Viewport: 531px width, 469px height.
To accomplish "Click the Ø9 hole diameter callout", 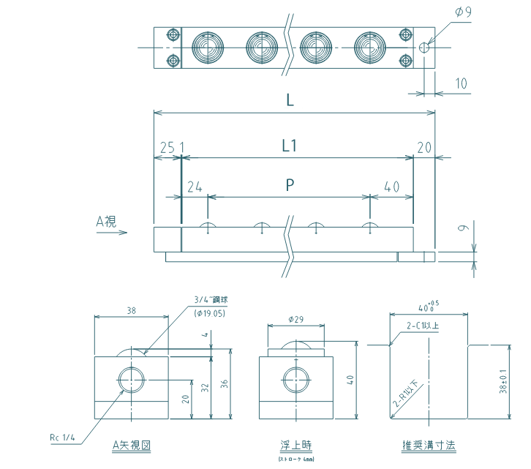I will [463, 12].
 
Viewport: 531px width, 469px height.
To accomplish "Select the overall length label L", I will [290, 102].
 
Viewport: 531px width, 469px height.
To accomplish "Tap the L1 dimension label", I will [290, 146].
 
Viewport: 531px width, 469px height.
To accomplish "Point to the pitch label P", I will [290, 186].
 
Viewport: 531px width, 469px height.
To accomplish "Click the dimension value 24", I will [194, 187].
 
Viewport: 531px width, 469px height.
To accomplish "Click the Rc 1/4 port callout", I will [62, 438].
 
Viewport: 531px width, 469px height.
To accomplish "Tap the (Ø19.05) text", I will [213, 312].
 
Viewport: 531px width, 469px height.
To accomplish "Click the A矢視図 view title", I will [132, 444].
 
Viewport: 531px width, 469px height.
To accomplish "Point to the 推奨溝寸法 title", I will [429, 444].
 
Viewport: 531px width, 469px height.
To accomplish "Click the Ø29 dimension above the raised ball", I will [297, 320].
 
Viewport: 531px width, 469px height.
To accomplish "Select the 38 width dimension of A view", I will [132, 310].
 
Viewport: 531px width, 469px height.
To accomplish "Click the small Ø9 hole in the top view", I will [424, 48].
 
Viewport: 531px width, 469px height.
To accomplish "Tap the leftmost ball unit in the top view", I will [207, 48].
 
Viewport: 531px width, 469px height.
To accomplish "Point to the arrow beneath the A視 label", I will [117, 233].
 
